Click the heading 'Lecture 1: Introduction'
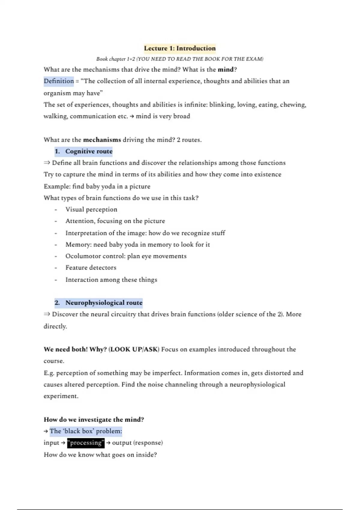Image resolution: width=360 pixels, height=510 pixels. (180, 48)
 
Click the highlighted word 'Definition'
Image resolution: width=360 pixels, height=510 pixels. (59, 81)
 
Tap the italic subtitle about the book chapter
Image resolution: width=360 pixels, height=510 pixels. (180, 59)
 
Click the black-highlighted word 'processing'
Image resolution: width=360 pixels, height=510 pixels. (86, 443)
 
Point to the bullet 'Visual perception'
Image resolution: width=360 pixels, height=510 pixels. (91, 209)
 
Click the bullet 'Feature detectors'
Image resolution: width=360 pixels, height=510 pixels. (91, 268)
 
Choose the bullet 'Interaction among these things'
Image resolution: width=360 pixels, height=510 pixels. (111, 280)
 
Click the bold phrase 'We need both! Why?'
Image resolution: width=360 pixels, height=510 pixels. (75, 349)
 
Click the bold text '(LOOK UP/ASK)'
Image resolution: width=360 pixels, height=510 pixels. (134, 349)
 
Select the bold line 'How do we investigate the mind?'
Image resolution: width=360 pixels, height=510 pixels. (94, 420)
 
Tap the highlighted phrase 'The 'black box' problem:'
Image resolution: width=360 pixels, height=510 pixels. (86, 431)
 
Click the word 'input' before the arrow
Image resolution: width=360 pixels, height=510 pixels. (51, 443)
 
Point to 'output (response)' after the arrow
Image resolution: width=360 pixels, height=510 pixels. (137, 443)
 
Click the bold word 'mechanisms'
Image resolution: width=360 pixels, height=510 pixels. (102, 140)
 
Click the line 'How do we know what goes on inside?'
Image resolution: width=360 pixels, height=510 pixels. (100, 455)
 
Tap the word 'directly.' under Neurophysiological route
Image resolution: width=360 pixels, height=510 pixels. (55, 326)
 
